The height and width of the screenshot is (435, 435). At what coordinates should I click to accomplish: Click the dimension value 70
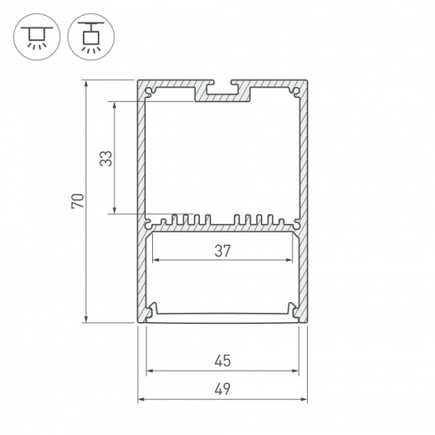tap(75, 201)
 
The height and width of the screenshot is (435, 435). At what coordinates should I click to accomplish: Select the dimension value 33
tap(105, 158)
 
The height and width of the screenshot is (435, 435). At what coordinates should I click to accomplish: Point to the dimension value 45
tap(223, 361)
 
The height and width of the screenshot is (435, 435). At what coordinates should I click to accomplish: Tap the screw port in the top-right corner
tap(296, 90)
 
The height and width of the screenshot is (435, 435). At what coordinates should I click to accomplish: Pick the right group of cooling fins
tap(256, 222)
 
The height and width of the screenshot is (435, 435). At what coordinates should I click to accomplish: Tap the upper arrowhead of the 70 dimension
tap(87, 84)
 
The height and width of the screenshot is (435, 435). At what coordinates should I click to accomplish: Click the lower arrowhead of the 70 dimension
tap(87, 320)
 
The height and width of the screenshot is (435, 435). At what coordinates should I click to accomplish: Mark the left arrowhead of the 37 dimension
tap(154, 258)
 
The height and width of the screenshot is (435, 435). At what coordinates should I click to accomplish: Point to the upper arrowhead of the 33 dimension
tap(112, 105)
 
